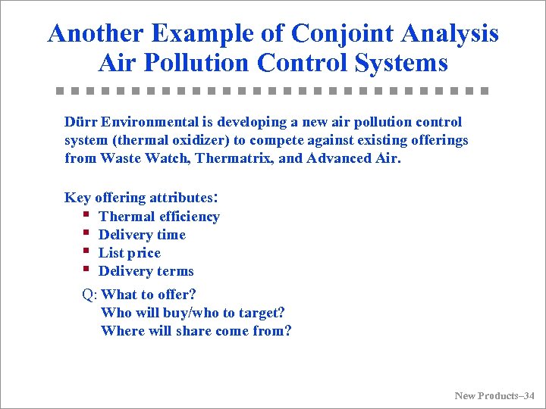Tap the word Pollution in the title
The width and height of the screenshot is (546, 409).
pos(197,62)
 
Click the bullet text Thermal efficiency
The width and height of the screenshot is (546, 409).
pos(159,217)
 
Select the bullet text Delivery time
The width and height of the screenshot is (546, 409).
pos(142,235)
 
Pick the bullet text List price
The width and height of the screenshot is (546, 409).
pos(130,253)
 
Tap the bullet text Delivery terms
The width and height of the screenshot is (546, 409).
pos(146,271)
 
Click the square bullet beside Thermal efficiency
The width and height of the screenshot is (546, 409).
pos(87,215)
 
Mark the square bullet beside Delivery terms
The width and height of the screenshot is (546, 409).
pos(87,270)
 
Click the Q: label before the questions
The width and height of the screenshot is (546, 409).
pos(89,295)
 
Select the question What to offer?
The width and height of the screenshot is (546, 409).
pos(149,295)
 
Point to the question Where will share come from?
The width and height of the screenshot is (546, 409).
pos(196,331)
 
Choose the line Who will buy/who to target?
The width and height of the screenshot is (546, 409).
pos(193,313)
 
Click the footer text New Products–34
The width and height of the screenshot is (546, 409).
pos(494,395)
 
